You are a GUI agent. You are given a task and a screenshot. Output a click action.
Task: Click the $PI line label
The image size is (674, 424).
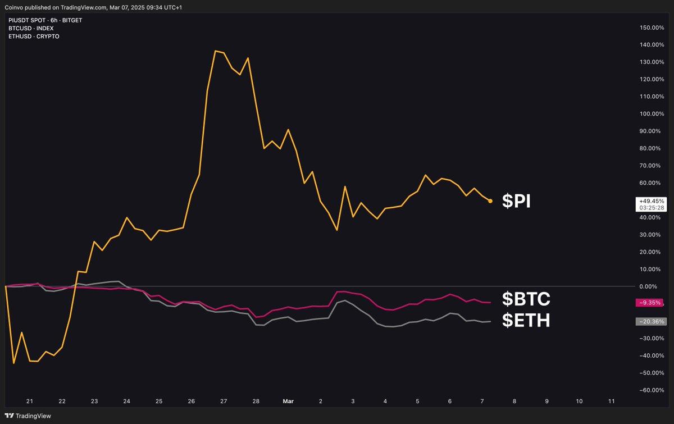click(516, 201)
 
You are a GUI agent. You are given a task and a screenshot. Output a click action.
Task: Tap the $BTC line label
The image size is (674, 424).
click(526, 298)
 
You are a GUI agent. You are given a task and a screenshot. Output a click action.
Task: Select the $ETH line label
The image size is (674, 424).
click(526, 320)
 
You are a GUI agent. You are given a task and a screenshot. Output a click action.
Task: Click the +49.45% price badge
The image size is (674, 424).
click(652, 200)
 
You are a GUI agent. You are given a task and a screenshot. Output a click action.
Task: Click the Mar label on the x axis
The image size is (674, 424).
click(288, 402)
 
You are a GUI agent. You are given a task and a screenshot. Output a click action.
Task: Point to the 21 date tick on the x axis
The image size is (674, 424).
click(30, 402)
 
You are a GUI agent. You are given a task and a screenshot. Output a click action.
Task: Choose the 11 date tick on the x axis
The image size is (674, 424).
click(612, 402)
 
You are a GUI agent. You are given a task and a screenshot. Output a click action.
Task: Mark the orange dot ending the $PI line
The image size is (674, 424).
click(490, 200)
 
